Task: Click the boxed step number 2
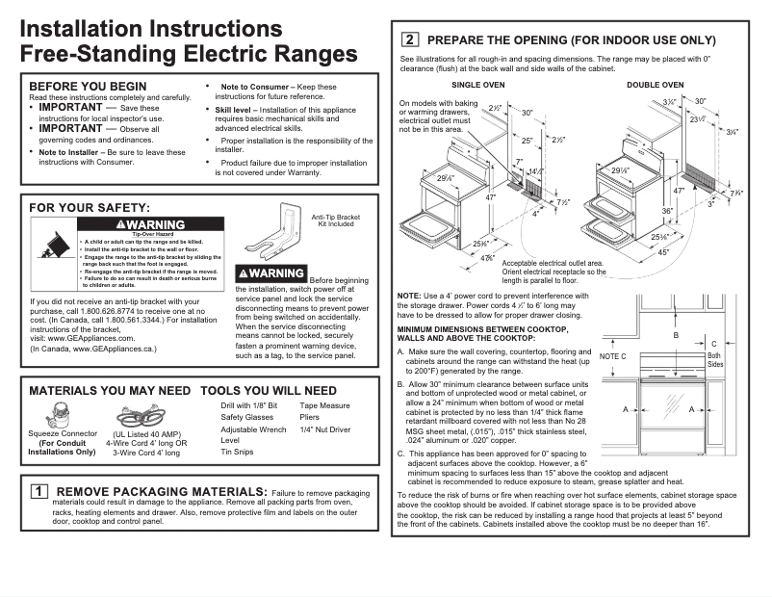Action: click(408, 40)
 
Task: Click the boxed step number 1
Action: click(38, 491)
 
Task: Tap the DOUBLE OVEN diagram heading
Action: click(656, 85)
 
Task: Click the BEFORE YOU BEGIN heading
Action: click(88, 86)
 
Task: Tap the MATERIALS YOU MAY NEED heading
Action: click(110, 391)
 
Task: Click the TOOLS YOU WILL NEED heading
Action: click(269, 391)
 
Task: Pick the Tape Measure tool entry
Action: click(325, 406)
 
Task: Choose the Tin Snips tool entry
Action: click(237, 452)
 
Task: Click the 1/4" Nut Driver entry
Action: click(325, 429)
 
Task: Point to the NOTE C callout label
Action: click(612, 356)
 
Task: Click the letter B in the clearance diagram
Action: click(676, 335)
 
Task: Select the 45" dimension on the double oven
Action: click(663, 252)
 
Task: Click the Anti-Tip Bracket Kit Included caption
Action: click(336, 221)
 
